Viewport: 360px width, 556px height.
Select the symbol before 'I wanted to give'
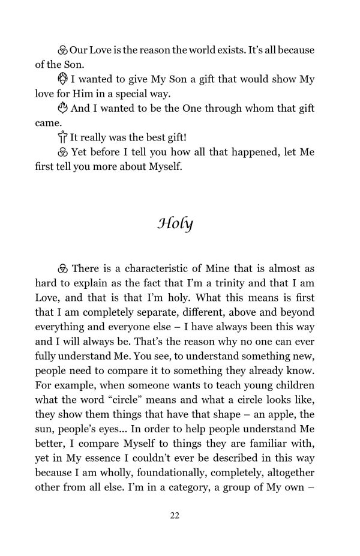(63, 79)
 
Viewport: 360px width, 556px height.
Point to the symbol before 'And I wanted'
(63, 109)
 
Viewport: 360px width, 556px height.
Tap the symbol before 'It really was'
(63, 137)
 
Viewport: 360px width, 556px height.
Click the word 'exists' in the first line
(214, 50)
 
